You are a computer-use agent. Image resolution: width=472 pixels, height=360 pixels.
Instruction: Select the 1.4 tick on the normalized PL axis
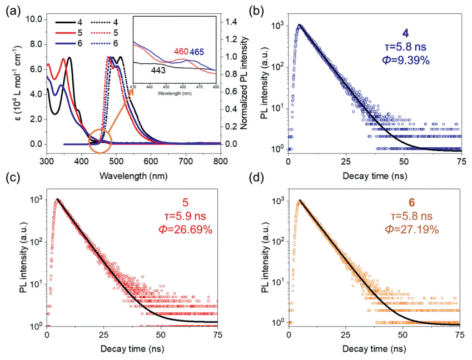[232, 21]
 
